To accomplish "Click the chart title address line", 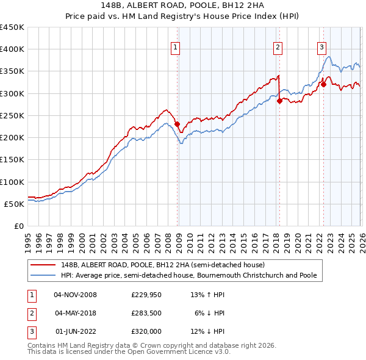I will click(x=183, y=5).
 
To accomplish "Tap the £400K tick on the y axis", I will click(x=12, y=49).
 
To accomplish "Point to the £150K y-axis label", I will click(x=12, y=159).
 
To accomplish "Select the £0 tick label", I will click(x=18, y=226).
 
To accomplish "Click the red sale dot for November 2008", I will click(x=177, y=124).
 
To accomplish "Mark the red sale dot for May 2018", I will click(x=279, y=101).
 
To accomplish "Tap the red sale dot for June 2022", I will click(x=323, y=85).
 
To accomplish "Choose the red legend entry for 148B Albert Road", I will click(x=162, y=265).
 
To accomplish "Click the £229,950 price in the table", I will click(x=147, y=295).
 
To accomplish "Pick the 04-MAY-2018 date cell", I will click(x=75, y=313).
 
